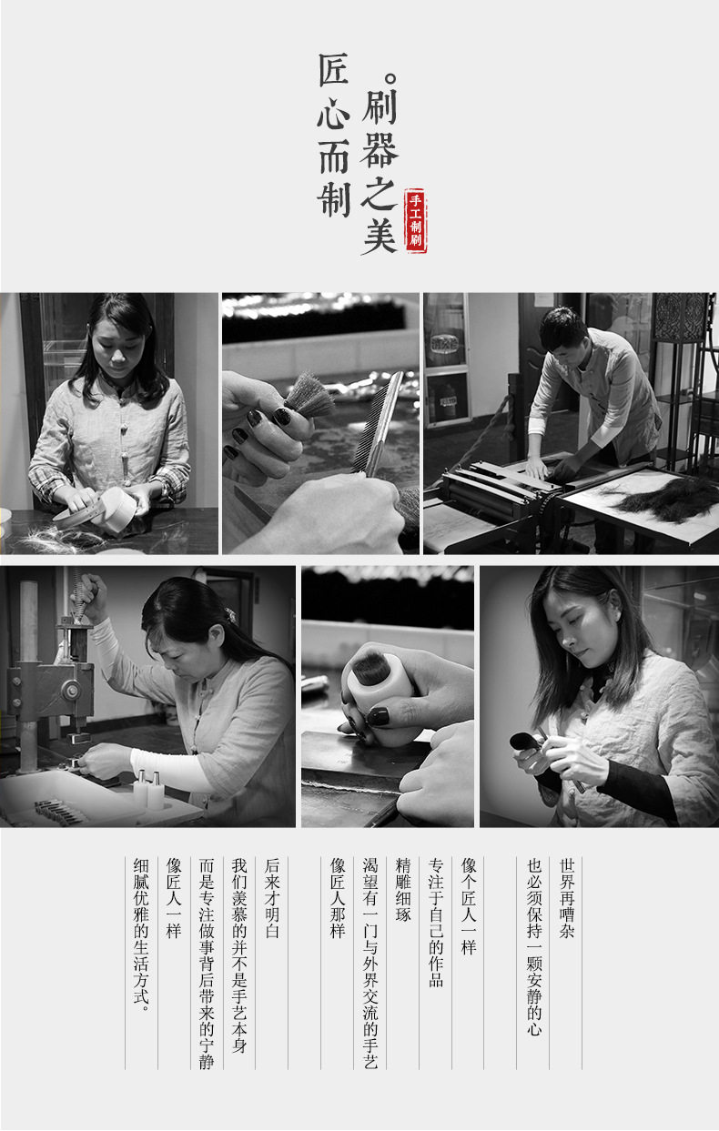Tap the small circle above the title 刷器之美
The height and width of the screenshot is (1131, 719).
(391, 79)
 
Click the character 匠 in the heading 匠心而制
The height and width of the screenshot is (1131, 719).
(333, 70)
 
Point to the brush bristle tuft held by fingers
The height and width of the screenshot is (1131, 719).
(309, 396)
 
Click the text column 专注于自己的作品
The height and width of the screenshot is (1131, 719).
(436, 923)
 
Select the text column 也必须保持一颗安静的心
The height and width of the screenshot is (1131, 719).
(534, 946)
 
